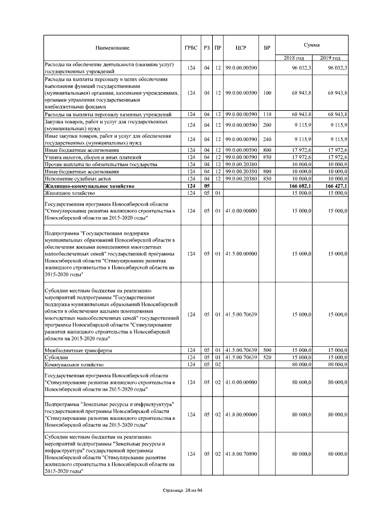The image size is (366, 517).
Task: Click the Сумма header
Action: [312, 44]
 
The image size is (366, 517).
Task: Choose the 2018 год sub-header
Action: [294, 58]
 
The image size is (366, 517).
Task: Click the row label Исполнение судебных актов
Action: [78, 179]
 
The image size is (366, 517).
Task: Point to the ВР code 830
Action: [266, 179]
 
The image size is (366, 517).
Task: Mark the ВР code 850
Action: [266, 157]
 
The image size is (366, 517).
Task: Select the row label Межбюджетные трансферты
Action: [78, 350]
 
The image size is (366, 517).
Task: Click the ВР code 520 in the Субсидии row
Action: [266, 357]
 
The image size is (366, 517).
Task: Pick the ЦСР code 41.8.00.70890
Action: [241, 454]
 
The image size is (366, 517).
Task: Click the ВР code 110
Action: [266, 115]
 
